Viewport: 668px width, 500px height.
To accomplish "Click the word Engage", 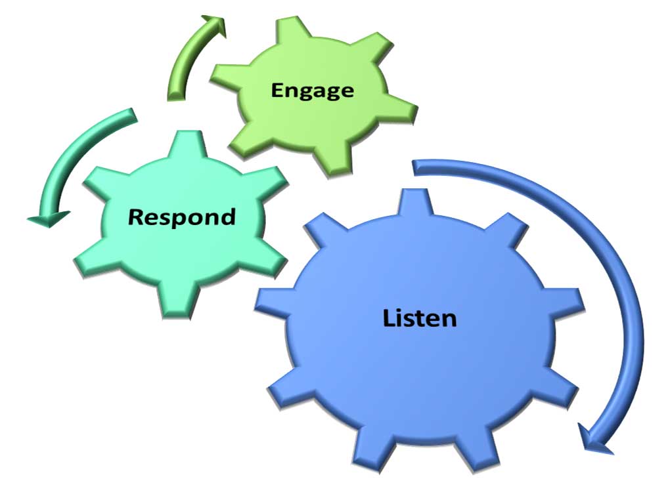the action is pos(312,91).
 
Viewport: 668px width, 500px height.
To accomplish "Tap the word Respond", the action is pos(182,217).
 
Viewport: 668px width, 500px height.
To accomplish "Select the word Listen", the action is pos(420,318).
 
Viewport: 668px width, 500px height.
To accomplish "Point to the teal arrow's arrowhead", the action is pos(49,219).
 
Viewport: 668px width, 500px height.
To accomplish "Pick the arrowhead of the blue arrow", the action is pos(594,440).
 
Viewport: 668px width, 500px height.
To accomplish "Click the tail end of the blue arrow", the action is pos(414,168).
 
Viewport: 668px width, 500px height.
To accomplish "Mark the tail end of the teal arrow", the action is pos(134,115).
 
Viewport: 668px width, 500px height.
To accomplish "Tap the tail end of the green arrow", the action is pos(176,98).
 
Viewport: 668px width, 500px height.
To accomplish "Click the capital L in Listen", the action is pos(389,318).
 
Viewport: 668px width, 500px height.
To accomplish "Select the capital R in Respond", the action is pos(137,217).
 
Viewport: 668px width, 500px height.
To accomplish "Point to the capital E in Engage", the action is pos(278,90).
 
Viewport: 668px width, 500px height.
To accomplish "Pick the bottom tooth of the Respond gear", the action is pos(177,300).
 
